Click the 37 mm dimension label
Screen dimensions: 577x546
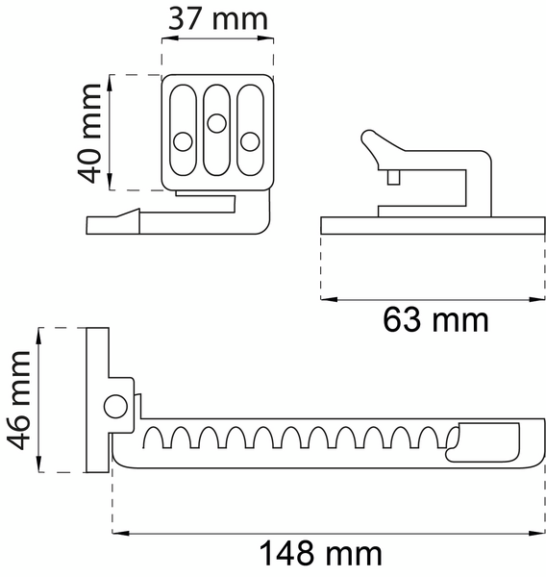217,18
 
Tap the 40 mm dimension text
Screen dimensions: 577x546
90,132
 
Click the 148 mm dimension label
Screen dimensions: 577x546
322,554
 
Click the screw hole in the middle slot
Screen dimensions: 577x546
216,122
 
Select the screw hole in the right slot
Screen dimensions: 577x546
250,141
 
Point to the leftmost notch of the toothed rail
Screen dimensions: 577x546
151,439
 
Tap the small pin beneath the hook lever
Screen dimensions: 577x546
394,177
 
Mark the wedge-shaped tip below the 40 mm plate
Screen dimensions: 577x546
113,222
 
